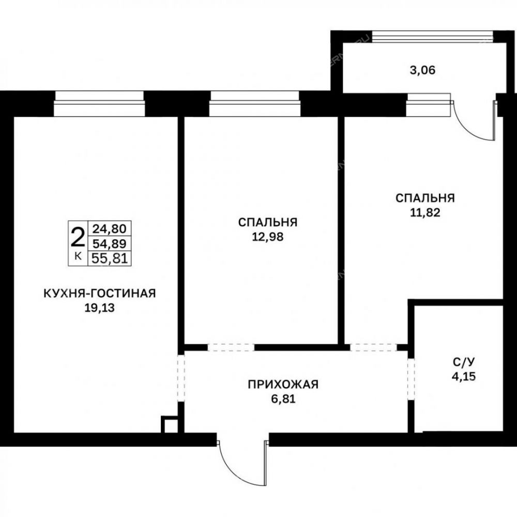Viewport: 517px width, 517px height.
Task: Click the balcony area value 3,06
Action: click(x=422, y=70)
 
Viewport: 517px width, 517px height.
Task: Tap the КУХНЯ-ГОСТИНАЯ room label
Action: click(x=100, y=293)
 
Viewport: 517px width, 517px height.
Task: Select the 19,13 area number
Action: click(x=100, y=308)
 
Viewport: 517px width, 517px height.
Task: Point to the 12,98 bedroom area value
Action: click(x=268, y=237)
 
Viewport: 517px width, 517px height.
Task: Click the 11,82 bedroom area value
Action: click(x=425, y=212)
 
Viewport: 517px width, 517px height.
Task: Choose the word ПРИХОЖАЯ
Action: click(x=283, y=385)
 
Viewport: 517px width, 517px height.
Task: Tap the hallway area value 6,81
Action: click(x=283, y=399)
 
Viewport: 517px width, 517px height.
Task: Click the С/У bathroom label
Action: click(x=464, y=362)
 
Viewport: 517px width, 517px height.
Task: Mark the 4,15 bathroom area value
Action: click(x=464, y=376)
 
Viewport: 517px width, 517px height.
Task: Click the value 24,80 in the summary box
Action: click(x=110, y=228)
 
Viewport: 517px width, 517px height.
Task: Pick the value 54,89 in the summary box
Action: click(x=110, y=244)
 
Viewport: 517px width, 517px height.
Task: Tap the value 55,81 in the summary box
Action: click(x=110, y=258)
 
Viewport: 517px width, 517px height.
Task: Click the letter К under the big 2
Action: click(x=78, y=256)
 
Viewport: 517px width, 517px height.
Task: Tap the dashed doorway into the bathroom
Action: click(x=411, y=379)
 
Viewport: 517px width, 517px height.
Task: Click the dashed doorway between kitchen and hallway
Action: click(x=181, y=378)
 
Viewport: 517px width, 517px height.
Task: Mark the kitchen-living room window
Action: click(x=99, y=103)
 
